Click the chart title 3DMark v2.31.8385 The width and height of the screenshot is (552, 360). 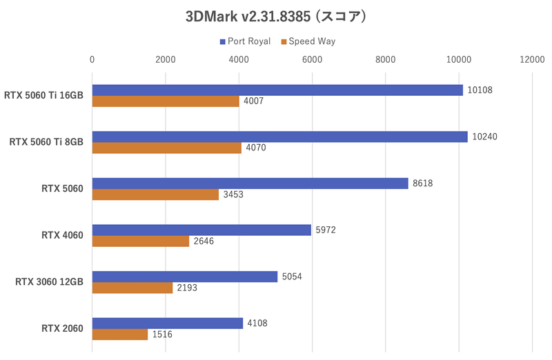pyautogui.click(x=275, y=15)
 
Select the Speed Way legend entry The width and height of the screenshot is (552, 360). pyautogui.click(x=308, y=41)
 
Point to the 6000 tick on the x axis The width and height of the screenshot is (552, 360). pyautogui.click(x=312, y=60)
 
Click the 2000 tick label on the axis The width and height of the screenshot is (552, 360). pyautogui.click(x=166, y=60)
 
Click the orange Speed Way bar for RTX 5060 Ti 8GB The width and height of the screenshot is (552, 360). pyautogui.click(x=166, y=148)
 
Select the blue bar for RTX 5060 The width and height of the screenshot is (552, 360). pyautogui.click(x=250, y=183)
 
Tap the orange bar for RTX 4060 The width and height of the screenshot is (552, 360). pyautogui.click(x=141, y=241)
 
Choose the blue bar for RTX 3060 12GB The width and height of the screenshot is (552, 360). pyautogui.click(x=185, y=277)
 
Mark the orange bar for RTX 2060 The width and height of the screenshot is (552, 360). pyautogui.click(x=120, y=334)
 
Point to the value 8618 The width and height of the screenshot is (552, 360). pyautogui.click(x=423, y=183)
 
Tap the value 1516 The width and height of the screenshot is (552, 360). pyautogui.click(x=163, y=334)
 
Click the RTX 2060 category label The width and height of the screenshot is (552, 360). pyautogui.click(x=62, y=329)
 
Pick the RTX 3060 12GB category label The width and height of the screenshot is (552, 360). pyautogui.click(x=47, y=282)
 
